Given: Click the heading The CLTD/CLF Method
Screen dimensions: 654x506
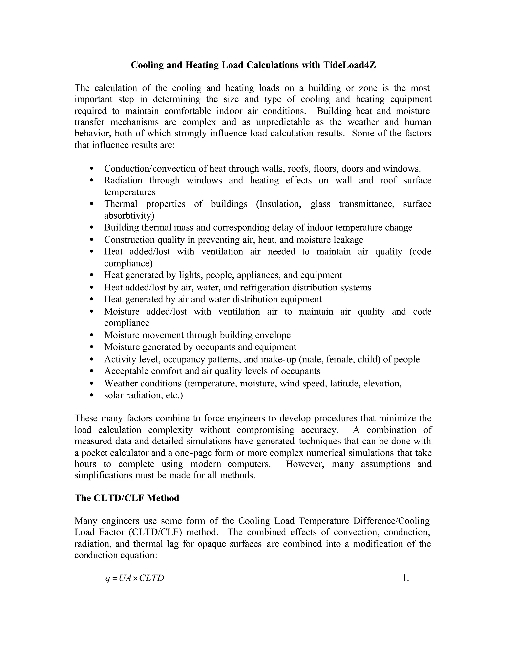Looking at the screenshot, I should [x=126, y=498].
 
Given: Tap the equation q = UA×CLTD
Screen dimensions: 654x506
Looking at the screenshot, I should [x=135, y=578].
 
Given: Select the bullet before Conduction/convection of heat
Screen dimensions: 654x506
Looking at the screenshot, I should [x=92, y=169].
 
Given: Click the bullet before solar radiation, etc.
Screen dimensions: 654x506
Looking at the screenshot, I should [x=92, y=395].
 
